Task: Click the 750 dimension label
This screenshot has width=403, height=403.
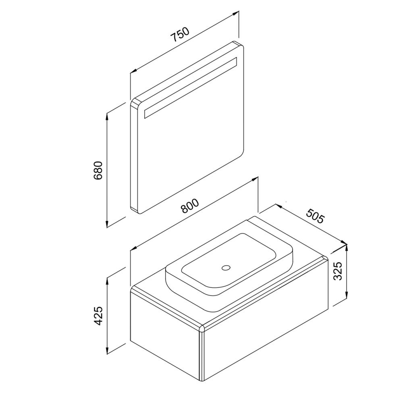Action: click(180, 34)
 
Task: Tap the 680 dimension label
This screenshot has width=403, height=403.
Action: click(98, 170)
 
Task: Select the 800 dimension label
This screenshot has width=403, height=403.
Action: click(190, 206)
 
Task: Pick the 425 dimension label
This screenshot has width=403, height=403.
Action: click(98, 316)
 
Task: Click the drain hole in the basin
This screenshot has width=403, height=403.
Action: click(226, 268)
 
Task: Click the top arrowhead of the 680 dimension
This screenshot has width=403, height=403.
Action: click(107, 116)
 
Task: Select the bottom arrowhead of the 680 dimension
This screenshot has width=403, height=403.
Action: click(107, 224)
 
